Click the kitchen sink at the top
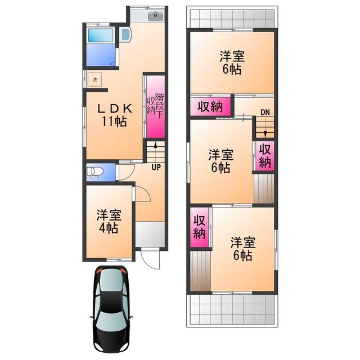point(155,16)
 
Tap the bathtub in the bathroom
point(101,35)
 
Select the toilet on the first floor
point(95,172)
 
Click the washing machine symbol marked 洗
point(94,80)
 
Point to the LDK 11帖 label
point(114,115)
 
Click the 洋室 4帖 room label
point(109,222)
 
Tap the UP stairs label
point(156,168)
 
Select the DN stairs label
point(265,112)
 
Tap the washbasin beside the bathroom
point(125,34)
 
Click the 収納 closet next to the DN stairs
point(265,156)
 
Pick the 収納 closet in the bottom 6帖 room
point(199,227)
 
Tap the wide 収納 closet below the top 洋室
point(210,106)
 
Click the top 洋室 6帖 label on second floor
point(232,62)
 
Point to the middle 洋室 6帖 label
point(221,161)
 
